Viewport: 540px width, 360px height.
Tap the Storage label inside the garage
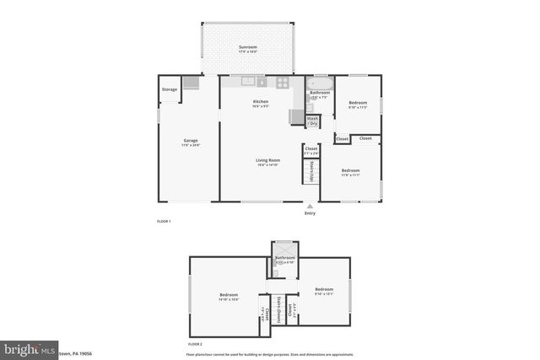[x=170, y=89]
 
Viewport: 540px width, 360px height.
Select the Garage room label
[x=191, y=141]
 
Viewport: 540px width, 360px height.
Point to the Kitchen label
[x=261, y=102]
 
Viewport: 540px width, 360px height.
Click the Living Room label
[x=268, y=160]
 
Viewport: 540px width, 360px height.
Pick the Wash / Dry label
[x=312, y=121]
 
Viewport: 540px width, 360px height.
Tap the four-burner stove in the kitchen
[x=283, y=83]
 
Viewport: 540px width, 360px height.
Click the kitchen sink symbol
[x=248, y=82]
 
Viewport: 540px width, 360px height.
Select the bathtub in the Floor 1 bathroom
[x=320, y=84]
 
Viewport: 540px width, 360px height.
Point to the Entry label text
[x=310, y=213]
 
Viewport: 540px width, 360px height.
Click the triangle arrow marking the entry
[x=310, y=205]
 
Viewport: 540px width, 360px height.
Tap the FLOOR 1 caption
[x=164, y=221]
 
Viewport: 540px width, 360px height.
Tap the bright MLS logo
[x=30, y=348]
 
